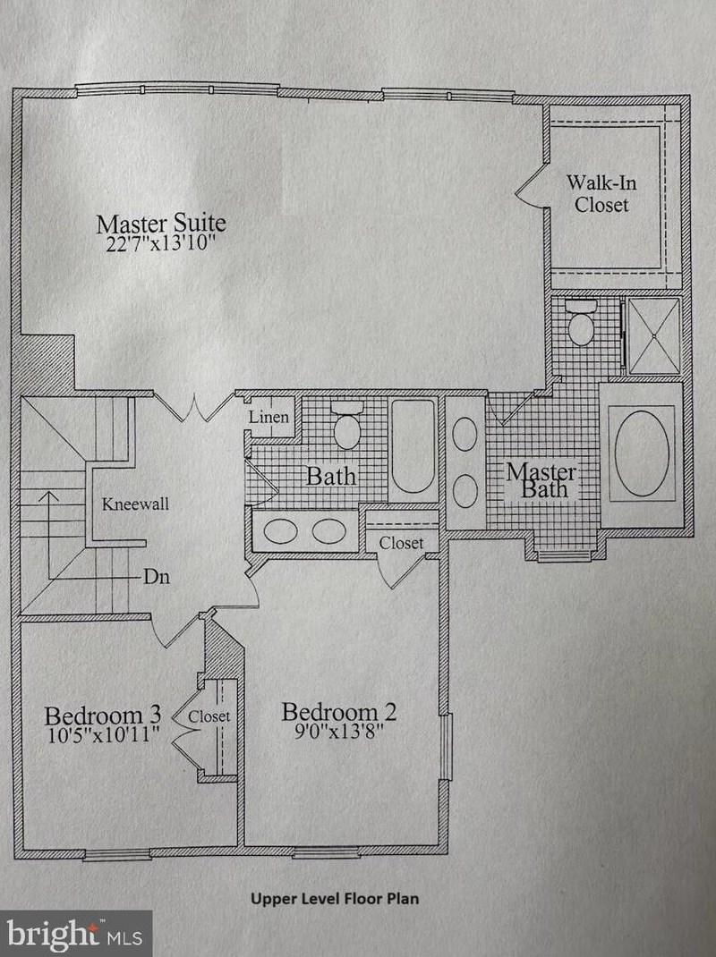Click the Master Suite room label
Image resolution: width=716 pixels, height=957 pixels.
click(161, 222)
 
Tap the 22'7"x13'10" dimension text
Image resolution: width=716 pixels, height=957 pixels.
click(161, 244)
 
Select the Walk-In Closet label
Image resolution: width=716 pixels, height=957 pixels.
click(601, 193)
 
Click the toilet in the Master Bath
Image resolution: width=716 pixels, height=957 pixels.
click(582, 322)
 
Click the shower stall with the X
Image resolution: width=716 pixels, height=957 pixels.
click(654, 335)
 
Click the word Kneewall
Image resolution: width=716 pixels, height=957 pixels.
click(135, 504)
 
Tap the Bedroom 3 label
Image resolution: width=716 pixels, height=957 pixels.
click(103, 716)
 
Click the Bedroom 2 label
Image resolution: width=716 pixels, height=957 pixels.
click(339, 712)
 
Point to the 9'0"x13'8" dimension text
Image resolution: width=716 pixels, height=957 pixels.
click(339, 732)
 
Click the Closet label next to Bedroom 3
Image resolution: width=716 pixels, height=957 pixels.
click(209, 716)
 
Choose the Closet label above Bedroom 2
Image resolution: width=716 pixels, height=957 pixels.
click(401, 543)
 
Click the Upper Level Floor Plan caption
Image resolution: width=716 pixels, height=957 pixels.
click(335, 898)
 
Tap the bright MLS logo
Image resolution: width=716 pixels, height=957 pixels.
click(76, 934)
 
